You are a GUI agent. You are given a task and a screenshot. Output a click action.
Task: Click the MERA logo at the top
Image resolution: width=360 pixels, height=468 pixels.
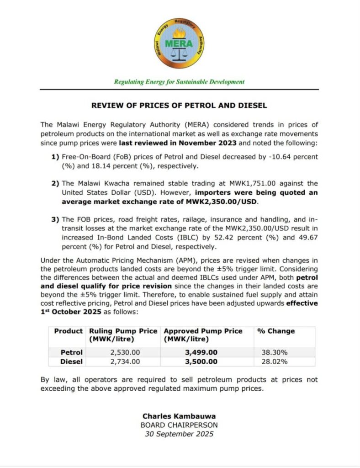coord(179,43)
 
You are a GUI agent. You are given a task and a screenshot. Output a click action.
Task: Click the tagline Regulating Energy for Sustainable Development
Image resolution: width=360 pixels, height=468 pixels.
coord(179,82)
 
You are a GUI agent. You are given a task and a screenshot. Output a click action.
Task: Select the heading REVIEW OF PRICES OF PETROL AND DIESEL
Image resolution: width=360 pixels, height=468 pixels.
coord(179,106)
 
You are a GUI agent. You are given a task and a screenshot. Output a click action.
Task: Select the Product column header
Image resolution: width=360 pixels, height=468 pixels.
coord(68,331)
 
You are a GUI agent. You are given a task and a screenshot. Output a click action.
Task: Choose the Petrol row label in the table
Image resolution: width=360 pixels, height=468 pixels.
coord(72,352)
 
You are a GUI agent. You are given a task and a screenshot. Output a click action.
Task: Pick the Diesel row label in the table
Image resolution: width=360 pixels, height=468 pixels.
coord(72,362)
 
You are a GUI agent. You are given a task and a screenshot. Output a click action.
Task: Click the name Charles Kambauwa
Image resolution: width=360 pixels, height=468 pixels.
coord(179,416)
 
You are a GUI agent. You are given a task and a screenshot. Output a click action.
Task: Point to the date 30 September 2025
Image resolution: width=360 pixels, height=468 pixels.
coord(179,434)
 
